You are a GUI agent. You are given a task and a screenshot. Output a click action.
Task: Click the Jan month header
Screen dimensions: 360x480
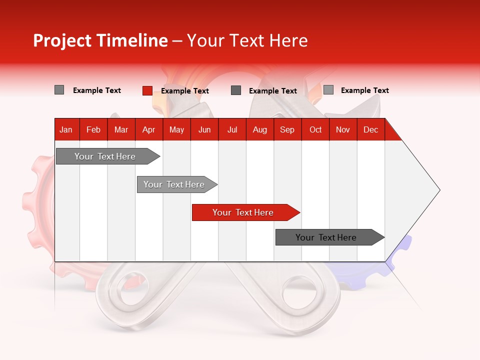tap(66, 129)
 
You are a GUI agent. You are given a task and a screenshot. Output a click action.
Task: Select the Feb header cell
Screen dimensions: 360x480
tap(93, 129)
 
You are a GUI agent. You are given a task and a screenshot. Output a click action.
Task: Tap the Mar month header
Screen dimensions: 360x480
tap(121, 129)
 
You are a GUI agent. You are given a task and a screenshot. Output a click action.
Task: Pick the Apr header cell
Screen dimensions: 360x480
tap(149, 129)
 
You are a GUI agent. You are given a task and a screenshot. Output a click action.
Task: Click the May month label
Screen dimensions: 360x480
tap(176, 129)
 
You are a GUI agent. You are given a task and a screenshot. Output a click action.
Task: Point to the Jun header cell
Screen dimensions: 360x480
tap(204, 129)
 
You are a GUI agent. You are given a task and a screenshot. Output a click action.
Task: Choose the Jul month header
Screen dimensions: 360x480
tap(232, 129)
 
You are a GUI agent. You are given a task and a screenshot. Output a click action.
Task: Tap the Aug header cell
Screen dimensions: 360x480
tap(260, 129)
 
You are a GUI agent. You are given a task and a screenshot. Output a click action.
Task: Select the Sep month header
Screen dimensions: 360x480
tap(287, 129)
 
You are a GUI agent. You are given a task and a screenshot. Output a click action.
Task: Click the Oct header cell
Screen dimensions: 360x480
tap(315, 129)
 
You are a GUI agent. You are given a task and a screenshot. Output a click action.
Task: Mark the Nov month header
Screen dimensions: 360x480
tap(343, 129)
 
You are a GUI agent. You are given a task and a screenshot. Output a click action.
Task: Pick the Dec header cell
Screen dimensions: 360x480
tap(371, 129)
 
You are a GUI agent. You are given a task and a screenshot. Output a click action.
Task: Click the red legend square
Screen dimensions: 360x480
tap(147, 90)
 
